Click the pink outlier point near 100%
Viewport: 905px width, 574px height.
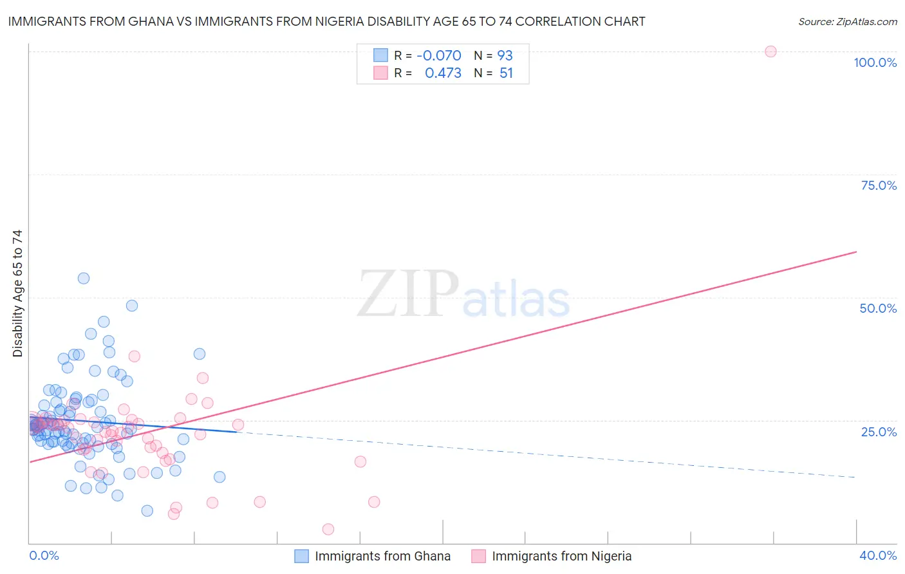[770, 51]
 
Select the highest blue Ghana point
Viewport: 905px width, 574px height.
[84, 278]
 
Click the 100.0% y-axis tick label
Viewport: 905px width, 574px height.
[875, 62]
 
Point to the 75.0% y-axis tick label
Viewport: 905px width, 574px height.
[879, 185]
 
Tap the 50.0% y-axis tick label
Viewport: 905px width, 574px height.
[878, 308]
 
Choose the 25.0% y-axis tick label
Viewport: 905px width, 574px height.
[879, 431]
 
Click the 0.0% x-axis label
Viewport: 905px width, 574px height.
[44, 555]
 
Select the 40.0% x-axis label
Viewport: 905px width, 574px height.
[878, 555]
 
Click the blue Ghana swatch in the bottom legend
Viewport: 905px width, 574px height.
[301, 556]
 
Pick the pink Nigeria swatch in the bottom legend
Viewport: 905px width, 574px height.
[478, 556]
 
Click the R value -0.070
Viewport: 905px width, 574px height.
[439, 56]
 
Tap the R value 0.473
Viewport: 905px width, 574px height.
[443, 73]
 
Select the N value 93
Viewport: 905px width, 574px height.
[505, 56]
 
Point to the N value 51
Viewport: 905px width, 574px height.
[506, 73]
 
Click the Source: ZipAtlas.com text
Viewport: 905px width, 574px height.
[847, 22]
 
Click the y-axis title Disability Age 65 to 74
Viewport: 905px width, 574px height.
[17, 293]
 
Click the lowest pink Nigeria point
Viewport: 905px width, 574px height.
[328, 529]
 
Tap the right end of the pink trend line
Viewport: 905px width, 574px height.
[856, 252]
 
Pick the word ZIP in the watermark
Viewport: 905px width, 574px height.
[408, 295]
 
